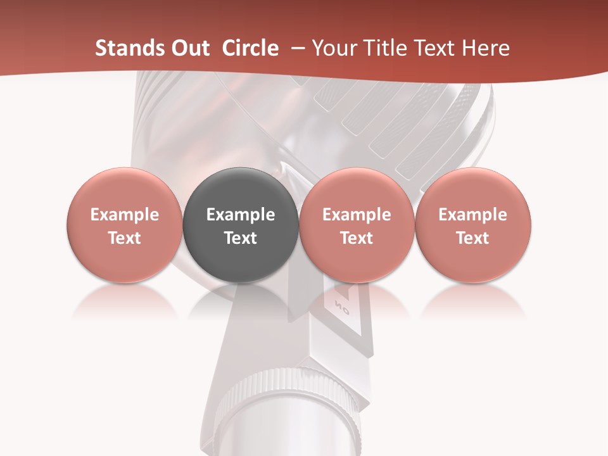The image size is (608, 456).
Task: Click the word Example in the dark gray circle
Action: coord(241,215)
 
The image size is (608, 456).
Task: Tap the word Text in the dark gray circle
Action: coord(241,238)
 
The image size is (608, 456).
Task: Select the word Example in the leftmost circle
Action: coord(125,215)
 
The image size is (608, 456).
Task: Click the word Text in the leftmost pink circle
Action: coord(125,238)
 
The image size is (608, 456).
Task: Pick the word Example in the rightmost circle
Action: coord(472,215)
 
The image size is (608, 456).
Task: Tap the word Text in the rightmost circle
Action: coord(472,238)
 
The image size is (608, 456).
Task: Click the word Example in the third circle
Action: coord(357,215)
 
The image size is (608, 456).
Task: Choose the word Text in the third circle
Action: coord(357,238)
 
